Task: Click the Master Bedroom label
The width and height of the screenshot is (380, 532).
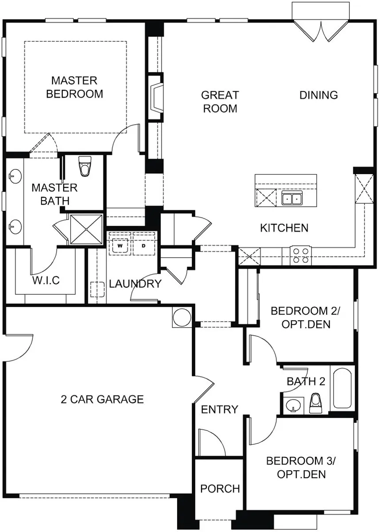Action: tap(74, 87)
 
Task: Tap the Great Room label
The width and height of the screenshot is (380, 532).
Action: tap(220, 102)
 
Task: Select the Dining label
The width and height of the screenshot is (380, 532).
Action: tap(319, 95)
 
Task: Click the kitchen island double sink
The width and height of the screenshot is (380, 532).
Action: tap(292, 198)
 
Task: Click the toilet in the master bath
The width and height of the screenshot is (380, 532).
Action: tap(84, 167)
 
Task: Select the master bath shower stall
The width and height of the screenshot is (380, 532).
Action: tap(87, 229)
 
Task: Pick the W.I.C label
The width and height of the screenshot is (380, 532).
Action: tap(46, 281)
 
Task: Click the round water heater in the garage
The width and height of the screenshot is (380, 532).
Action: tap(181, 317)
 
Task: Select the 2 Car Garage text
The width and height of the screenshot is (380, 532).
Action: tap(102, 399)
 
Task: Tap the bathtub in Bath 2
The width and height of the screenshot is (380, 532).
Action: tap(342, 389)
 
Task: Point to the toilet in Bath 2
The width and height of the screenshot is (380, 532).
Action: tap(315, 403)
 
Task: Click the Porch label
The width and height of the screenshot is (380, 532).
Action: tap(220, 489)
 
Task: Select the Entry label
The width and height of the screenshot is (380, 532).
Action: tap(220, 410)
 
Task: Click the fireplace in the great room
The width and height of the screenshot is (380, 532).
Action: tap(156, 98)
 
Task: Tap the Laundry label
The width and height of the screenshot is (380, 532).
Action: tap(135, 284)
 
